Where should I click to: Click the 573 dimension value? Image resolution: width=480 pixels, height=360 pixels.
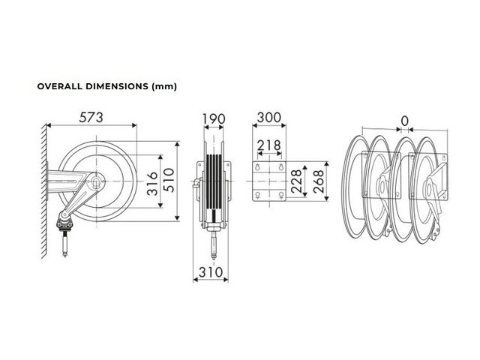(91, 117)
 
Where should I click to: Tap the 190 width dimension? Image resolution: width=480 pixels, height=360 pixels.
(214, 118)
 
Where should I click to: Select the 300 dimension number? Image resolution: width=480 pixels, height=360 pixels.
(268, 117)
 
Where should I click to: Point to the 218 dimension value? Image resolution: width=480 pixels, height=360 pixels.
(268, 145)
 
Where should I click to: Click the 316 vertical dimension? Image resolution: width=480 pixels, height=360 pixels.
(152, 184)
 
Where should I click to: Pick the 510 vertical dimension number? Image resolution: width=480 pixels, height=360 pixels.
(169, 180)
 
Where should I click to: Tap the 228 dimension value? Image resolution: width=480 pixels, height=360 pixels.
(296, 181)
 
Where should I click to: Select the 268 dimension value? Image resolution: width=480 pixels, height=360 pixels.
(318, 181)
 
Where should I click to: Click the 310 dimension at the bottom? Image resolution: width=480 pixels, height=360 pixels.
(211, 271)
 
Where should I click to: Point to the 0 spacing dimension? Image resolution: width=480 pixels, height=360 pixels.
(405, 121)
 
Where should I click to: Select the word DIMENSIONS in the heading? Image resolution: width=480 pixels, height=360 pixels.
(117, 86)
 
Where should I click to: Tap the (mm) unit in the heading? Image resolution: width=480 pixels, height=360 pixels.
(164, 87)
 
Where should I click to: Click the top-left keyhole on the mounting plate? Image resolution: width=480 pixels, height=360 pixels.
(257, 166)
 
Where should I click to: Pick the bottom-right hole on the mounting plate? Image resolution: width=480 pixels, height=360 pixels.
(281, 195)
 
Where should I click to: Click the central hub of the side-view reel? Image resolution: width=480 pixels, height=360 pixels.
(97, 181)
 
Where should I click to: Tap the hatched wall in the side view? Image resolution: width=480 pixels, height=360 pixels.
(44, 190)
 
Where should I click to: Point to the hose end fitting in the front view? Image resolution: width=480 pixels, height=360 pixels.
(214, 245)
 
